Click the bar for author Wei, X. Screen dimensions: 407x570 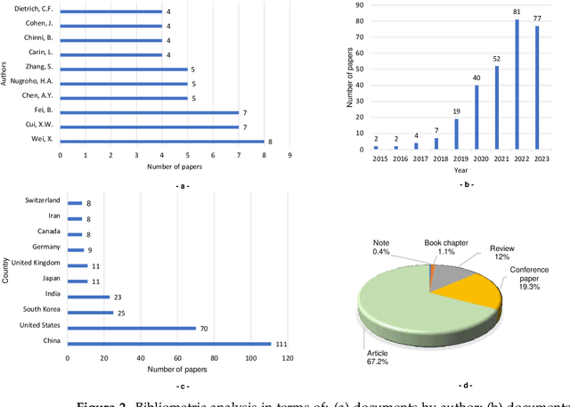[x=162, y=140]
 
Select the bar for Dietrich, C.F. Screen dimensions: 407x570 [x=111, y=12]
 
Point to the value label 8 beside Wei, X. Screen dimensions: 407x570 [x=271, y=140]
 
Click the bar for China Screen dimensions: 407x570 [x=169, y=344]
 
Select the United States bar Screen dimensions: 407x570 [x=132, y=329]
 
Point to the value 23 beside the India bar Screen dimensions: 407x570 [x=118, y=297]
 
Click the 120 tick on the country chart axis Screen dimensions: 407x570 [x=287, y=359]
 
